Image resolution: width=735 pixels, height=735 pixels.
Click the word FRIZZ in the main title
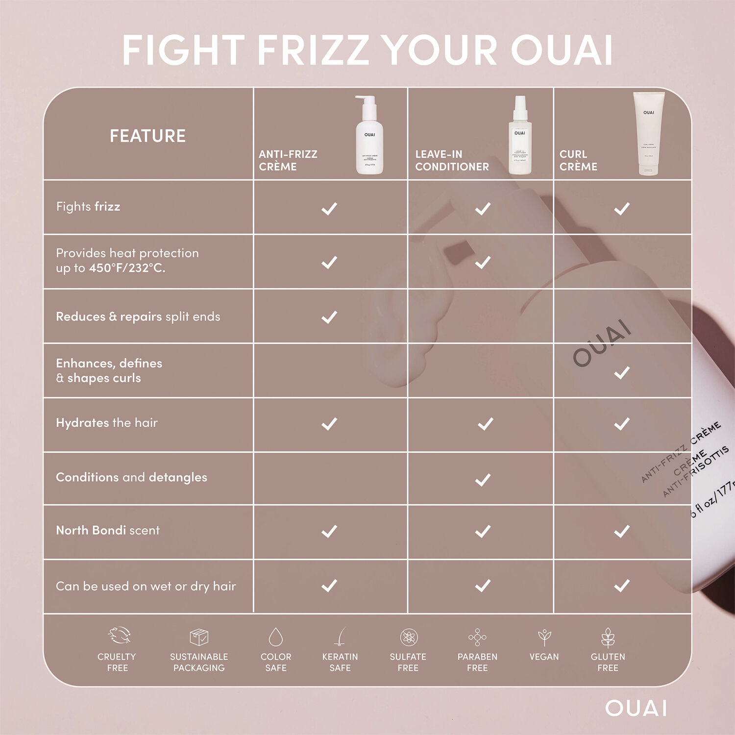click(313, 50)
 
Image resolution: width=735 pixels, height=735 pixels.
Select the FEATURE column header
click(147, 136)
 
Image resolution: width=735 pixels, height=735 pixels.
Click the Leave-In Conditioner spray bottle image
click(520, 136)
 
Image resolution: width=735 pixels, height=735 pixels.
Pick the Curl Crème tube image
click(648, 134)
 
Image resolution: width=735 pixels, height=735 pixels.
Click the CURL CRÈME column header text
click(578, 160)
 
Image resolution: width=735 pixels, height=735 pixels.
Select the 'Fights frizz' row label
click(88, 207)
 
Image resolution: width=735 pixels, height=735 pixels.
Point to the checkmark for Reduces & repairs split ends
click(329, 317)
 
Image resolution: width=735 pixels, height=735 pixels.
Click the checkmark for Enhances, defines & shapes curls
click(622, 373)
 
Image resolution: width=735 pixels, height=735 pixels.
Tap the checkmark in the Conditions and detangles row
click(483, 480)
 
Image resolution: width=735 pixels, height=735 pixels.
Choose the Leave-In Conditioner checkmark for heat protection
click(483, 262)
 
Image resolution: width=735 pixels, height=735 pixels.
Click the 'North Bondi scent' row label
click(108, 530)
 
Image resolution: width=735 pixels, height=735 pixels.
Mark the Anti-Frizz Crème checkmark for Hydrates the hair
click(329, 424)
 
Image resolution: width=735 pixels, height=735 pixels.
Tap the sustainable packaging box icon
click(199, 637)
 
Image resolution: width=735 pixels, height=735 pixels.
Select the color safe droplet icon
click(276, 637)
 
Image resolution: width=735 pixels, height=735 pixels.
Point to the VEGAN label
click(544, 657)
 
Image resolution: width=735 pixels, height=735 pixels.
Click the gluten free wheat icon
click(608, 637)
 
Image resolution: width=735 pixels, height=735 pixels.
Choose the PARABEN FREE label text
click(477, 662)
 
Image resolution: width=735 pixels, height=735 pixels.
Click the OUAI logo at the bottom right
click(636, 708)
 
